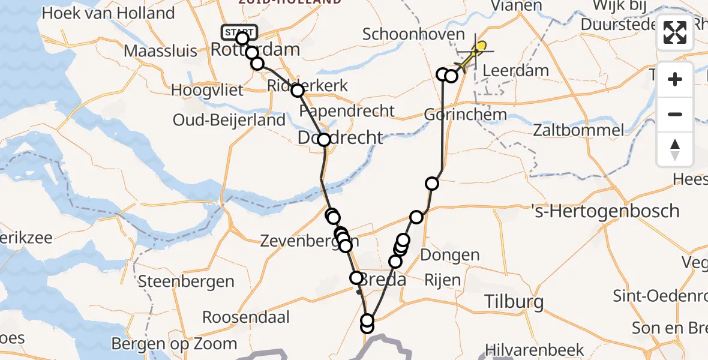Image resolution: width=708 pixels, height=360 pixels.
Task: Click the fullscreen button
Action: [x=675, y=32]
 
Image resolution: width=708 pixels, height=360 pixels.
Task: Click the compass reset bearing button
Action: [x=675, y=149]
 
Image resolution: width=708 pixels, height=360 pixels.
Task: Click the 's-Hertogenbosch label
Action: [x=606, y=211]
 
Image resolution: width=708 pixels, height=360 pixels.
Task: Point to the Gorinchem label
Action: [x=465, y=114]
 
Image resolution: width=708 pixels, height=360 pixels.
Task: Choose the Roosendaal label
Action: [x=246, y=317]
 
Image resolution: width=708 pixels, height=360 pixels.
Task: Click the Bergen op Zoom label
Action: [x=175, y=344]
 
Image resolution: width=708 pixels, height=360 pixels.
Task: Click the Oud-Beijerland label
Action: [x=229, y=120]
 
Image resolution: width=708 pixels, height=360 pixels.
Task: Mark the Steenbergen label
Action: [x=186, y=281]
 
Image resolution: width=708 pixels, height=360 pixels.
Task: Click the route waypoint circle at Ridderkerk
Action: [x=298, y=91]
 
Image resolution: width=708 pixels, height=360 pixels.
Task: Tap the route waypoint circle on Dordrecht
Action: [x=324, y=140]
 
